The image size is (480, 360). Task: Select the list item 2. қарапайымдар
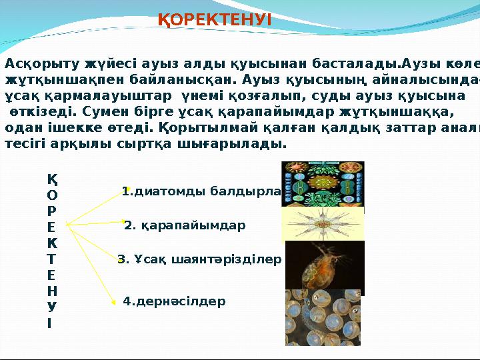coord(185,225)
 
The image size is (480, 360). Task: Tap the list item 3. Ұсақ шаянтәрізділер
coord(199,259)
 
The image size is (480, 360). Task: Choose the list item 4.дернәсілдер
coord(175,302)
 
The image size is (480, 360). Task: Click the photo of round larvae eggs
coord(323,317)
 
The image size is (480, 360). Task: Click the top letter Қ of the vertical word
coord(52,179)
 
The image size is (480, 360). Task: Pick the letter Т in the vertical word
coord(52,258)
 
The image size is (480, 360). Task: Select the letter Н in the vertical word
coord(52,291)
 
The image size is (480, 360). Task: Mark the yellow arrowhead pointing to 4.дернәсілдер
coord(113,303)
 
